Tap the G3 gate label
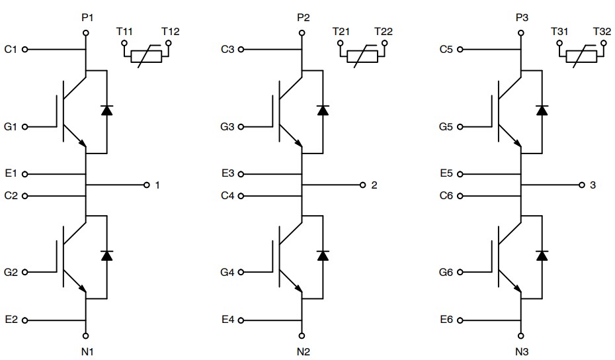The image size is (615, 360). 227,126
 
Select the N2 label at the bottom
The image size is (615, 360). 303,351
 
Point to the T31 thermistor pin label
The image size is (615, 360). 560,32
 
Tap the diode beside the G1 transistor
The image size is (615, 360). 106,111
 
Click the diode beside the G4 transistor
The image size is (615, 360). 323,255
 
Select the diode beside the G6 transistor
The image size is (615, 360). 542,255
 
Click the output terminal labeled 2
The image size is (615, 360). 362,185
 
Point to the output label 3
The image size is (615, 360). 593,185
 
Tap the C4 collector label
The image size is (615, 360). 227,196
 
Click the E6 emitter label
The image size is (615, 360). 446,320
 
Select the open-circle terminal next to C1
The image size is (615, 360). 25,49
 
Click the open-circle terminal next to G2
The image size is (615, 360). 25,272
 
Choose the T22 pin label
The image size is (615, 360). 382,32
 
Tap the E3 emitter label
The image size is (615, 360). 227,174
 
